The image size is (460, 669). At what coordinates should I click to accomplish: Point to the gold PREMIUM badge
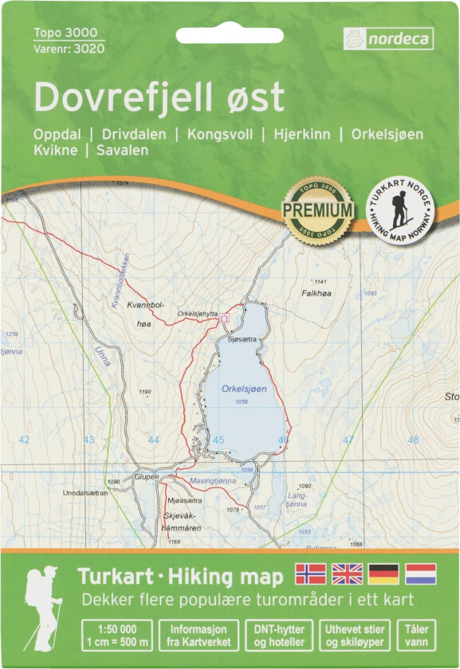point(317,209)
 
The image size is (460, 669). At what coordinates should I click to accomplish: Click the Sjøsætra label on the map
point(242,339)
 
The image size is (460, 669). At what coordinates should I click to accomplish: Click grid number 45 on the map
point(218,440)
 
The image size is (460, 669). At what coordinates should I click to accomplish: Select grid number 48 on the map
point(413,440)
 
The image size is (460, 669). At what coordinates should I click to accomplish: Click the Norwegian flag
point(311,573)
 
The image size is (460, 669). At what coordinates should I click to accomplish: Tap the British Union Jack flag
point(347,573)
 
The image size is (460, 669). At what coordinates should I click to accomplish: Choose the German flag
point(383,573)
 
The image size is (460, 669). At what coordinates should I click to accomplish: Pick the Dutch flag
point(420,573)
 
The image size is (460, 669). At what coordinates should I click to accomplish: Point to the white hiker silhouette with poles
point(43,607)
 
